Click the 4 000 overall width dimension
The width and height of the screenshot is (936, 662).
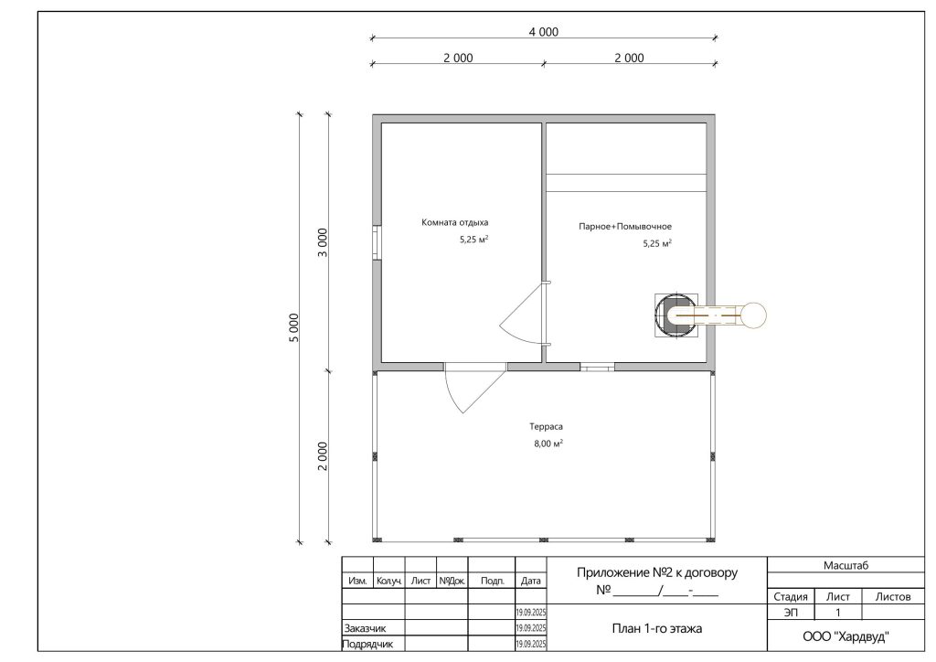[543, 32]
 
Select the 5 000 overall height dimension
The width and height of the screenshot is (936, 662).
[293, 327]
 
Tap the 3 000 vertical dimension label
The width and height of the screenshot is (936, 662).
[323, 242]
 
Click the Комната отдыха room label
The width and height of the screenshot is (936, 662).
[455, 223]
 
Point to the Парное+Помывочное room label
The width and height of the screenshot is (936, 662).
[625, 227]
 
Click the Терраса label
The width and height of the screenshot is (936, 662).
[546, 427]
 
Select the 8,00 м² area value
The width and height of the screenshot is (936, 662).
[548, 443]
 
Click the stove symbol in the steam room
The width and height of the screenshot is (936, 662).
[675, 315]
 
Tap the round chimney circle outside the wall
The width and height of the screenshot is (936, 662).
[754, 315]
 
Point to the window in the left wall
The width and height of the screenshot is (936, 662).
[377, 242]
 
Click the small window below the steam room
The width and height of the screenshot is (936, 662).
[597, 367]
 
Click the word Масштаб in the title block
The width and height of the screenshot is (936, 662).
[846, 565]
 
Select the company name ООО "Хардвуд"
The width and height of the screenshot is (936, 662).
[846, 637]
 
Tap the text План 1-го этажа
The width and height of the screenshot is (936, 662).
[656, 628]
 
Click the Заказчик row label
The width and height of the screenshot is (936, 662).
[366, 628]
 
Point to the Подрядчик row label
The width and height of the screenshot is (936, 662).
[367, 645]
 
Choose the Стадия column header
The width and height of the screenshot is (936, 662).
[791, 597]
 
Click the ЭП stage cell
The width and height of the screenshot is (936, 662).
[791, 613]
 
